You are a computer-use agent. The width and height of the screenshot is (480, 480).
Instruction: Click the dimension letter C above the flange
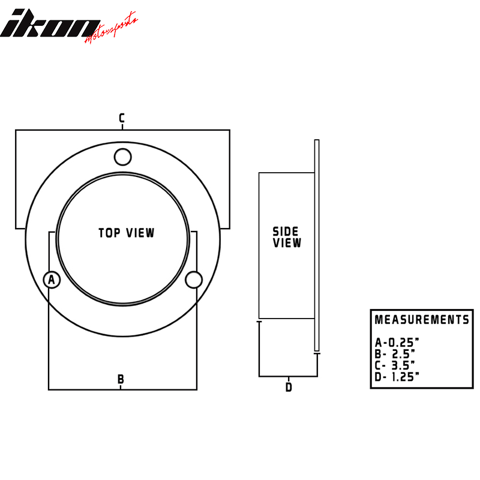tap(121, 118)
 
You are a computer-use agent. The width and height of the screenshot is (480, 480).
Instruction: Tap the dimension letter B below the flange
tap(121, 379)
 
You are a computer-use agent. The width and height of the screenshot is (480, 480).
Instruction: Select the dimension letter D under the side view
tap(289, 387)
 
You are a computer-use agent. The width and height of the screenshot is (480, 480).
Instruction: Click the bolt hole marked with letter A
tap(52, 280)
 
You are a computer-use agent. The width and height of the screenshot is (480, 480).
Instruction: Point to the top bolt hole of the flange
tap(122, 157)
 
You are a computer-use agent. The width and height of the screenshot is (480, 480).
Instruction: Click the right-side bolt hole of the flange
tap(193, 280)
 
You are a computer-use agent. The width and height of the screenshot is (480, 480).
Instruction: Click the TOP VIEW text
tap(127, 233)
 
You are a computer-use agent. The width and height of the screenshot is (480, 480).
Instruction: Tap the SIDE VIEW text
tap(287, 238)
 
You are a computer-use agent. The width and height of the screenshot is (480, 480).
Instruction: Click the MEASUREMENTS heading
tap(422, 320)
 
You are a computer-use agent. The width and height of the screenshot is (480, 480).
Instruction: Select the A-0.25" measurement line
tap(397, 343)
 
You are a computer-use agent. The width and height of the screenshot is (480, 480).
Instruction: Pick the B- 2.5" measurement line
tap(395, 353)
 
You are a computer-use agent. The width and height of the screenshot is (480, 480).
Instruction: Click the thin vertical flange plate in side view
tap(317, 246)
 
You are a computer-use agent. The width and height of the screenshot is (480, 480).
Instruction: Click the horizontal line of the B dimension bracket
tap(84, 389)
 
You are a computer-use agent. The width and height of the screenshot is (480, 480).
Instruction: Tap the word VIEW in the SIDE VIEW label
tap(287, 244)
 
